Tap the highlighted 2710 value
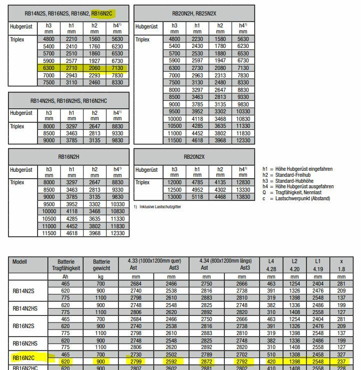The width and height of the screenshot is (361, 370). tap(72, 68)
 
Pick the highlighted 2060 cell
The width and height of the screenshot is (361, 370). tap(94, 68)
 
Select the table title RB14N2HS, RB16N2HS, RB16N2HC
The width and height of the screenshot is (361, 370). tap(68, 100)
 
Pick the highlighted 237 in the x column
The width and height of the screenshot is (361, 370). tap(341, 361)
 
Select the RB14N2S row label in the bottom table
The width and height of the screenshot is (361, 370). tap(24, 290)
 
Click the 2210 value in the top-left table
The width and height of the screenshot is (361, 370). tap(72, 39)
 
